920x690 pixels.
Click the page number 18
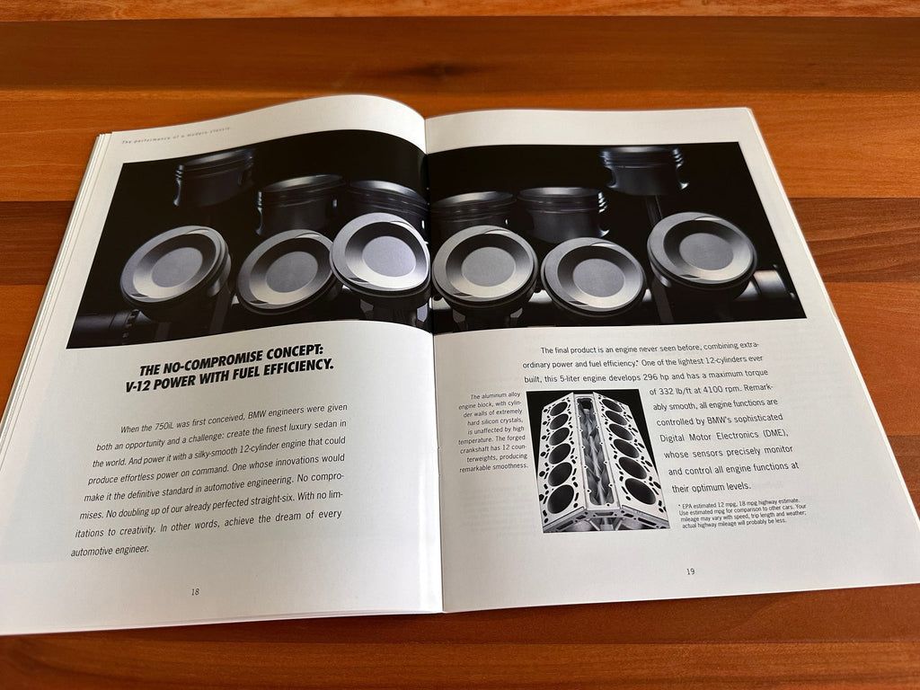(x=195, y=591)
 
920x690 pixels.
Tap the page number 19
(x=690, y=571)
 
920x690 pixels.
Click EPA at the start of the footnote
(x=693, y=506)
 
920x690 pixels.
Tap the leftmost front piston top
(x=175, y=267)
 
